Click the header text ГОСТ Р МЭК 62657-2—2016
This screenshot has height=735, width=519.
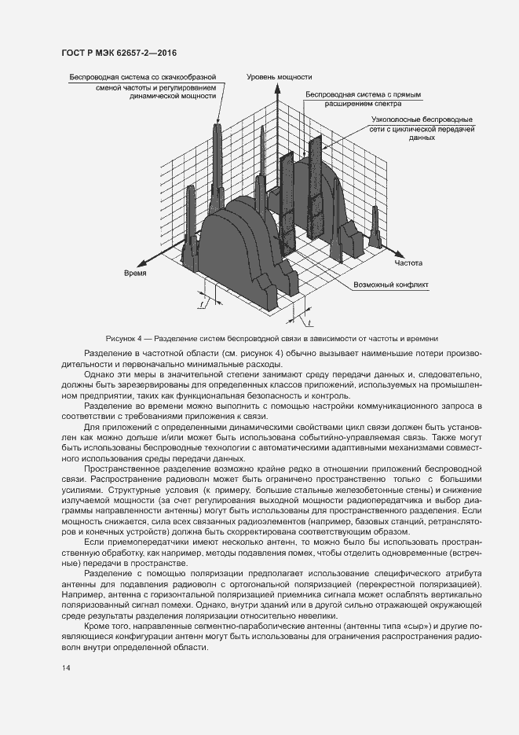coord(119,53)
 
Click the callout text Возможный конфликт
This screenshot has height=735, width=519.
coord(391,285)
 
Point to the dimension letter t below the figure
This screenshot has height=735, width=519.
coord(309,322)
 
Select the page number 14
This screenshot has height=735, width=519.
coord(66,667)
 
